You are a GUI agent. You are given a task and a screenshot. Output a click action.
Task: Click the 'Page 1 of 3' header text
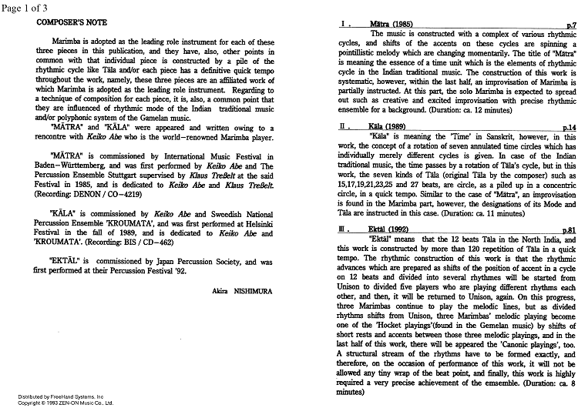click(25, 7)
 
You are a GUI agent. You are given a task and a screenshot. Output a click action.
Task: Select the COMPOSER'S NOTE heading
click(72, 23)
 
